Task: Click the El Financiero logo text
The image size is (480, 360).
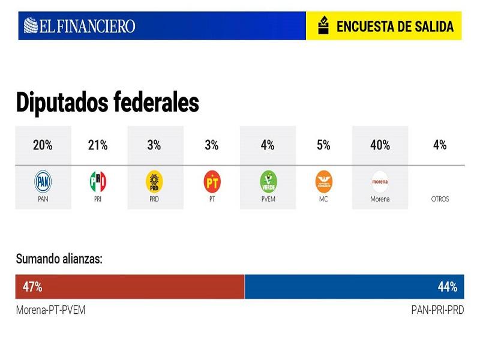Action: (80, 26)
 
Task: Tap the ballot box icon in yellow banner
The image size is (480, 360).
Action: (323, 26)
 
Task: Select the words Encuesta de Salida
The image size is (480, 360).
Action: (394, 26)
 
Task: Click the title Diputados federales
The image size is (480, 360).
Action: (107, 103)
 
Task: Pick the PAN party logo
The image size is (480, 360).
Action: (43, 180)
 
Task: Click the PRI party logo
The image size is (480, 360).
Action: (98, 180)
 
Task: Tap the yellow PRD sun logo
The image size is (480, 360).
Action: (154, 180)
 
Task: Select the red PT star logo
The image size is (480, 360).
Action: (212, 180)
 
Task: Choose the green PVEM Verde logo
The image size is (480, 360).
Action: (268, 180)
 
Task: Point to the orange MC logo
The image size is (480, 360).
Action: (323, 180)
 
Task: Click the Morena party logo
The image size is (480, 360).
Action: (380, 180)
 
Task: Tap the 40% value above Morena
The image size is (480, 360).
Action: (380, 145)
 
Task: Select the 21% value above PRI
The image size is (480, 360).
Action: (98, 145)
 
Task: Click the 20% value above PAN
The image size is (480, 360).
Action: (43, 145)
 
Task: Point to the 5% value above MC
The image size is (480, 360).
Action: (323, 145)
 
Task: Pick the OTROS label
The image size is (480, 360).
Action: (439, 199)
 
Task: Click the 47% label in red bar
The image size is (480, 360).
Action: (32, 287)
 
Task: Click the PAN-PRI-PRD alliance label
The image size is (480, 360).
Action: (437, 310)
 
